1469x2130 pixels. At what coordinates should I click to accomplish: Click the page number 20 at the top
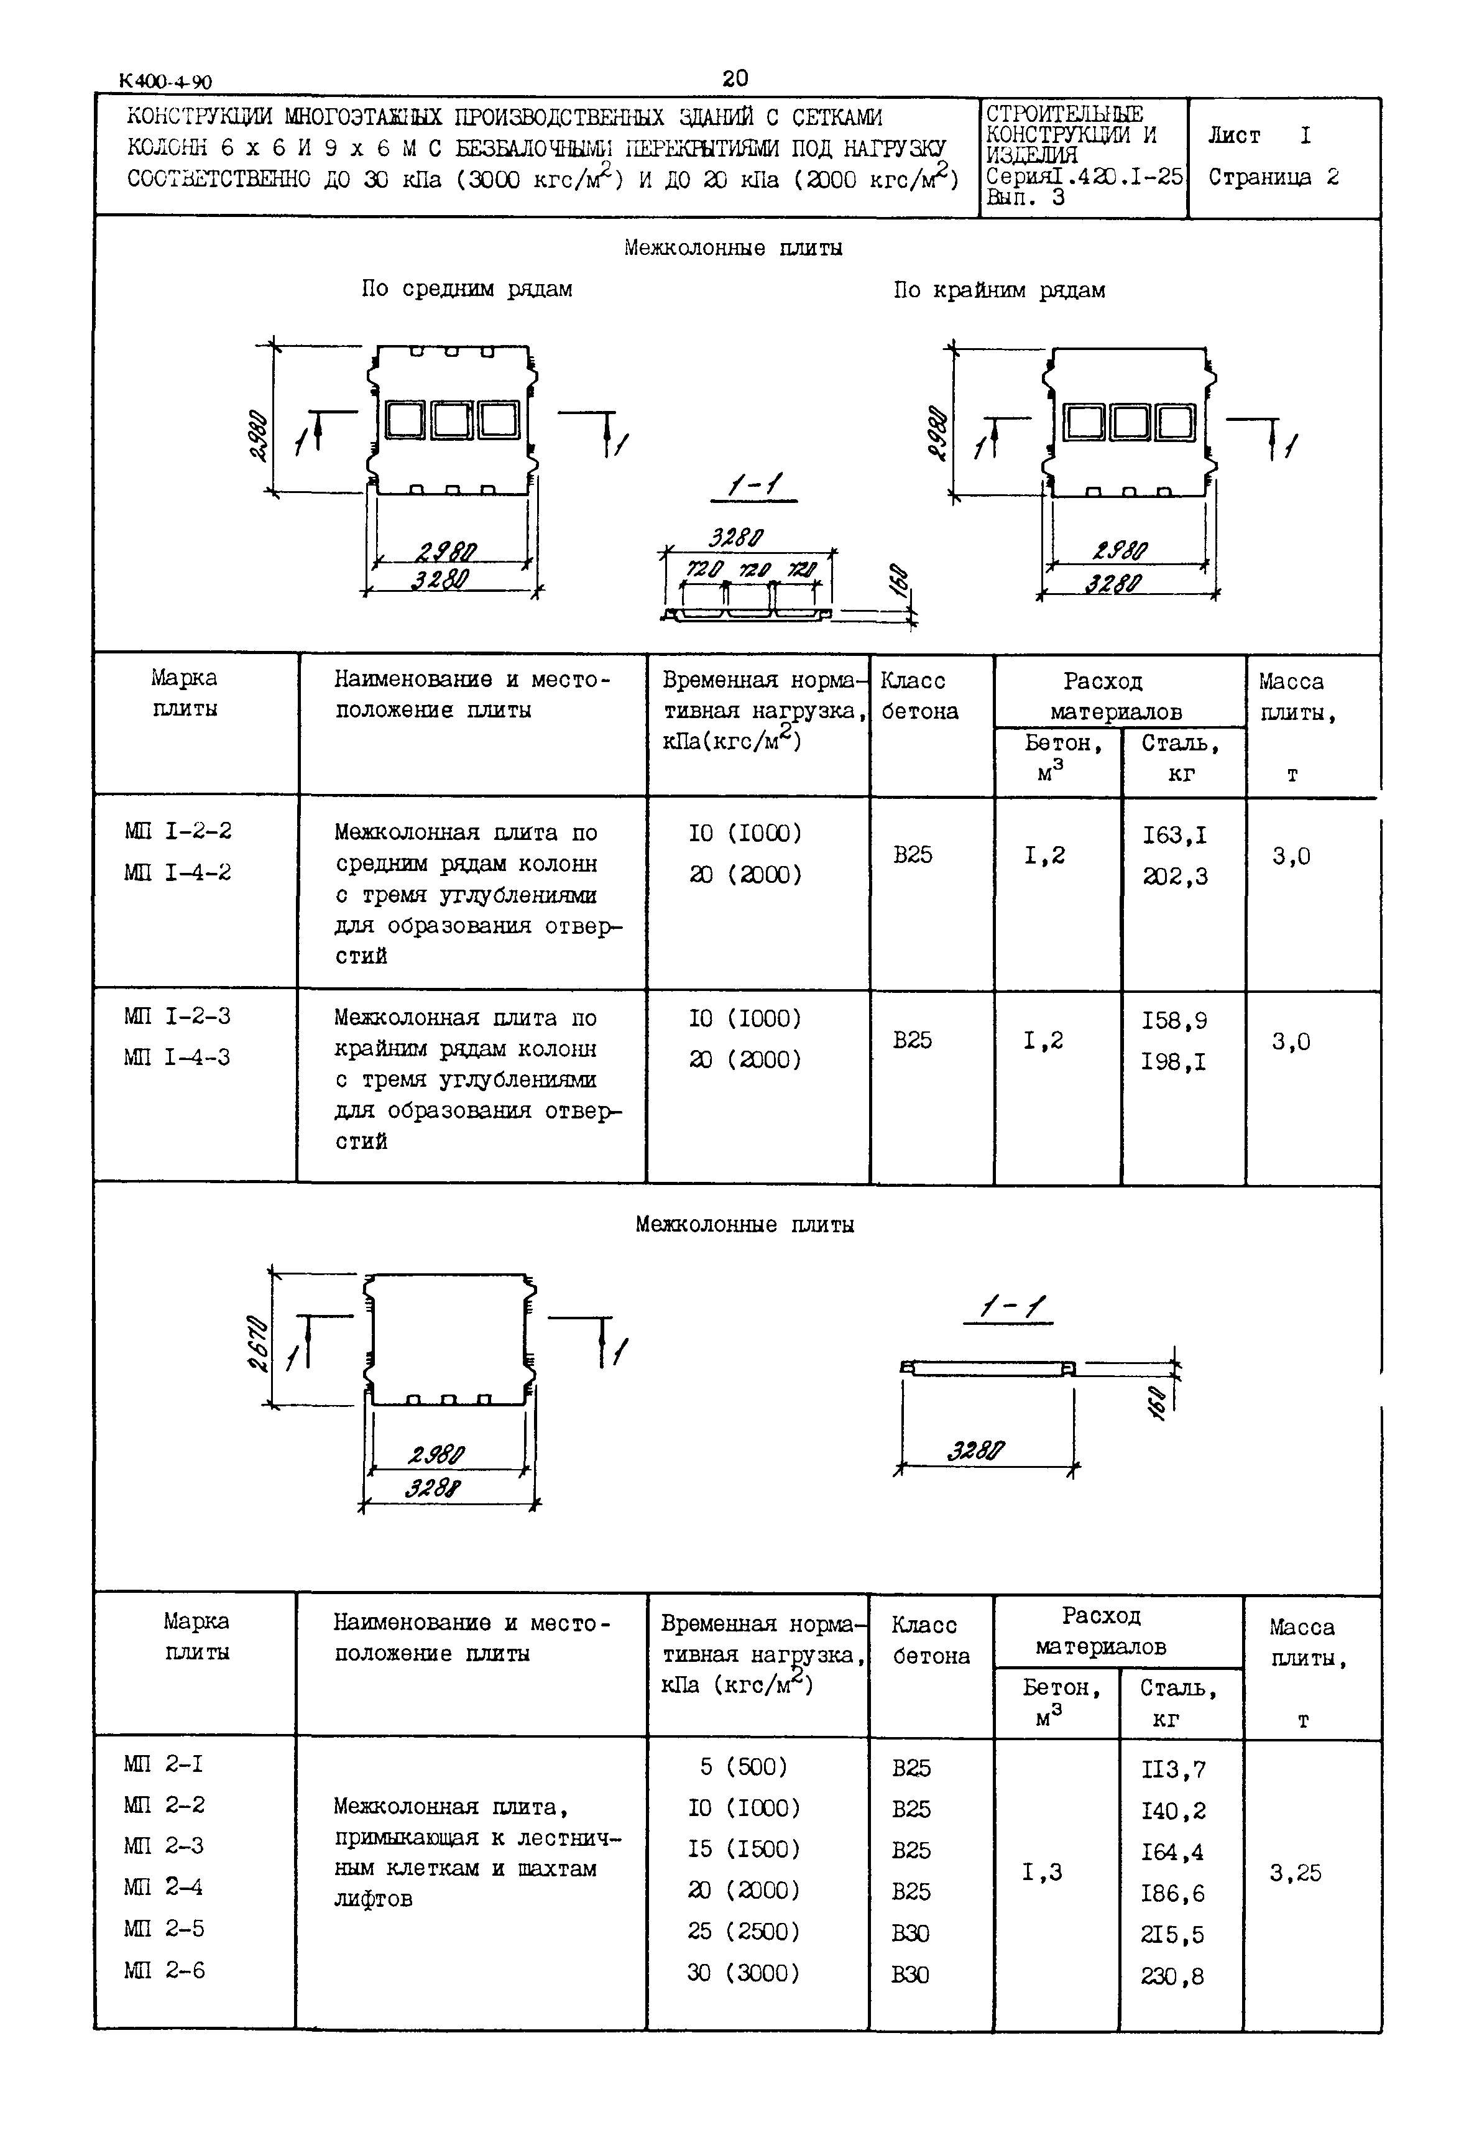[x=735, y=78]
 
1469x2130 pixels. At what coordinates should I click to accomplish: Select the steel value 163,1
[x=1174, y=836]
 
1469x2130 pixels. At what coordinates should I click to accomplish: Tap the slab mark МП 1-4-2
[x=178, y=872]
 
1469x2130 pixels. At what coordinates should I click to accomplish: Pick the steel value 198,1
[x=1174, y=1063]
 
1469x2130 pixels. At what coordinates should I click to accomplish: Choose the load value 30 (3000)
[x=744, y=1973]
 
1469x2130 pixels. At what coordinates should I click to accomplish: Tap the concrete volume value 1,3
[x=1042, y=1871]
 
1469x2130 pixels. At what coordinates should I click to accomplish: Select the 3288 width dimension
[x=435, y=1488]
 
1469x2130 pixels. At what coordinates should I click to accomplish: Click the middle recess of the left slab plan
[x=452, y=421]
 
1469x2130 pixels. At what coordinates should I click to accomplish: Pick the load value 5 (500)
[x=744, y=1766]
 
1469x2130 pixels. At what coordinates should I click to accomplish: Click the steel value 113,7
[x=1172, y=1769]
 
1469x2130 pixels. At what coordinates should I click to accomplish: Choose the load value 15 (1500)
[x=744, y=1848]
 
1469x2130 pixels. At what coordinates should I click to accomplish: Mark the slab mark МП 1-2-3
[x=178, y=1017]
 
